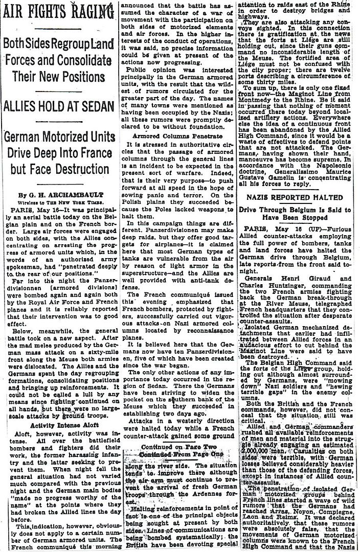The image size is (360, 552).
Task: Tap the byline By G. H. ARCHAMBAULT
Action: pyautogui.click(x=58, y=180)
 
